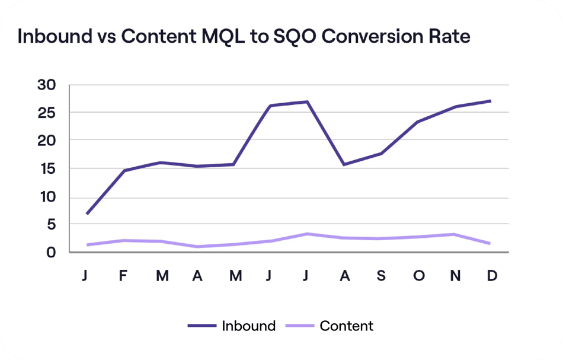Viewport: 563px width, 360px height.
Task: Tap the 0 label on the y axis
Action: pyautogui.click(x=51, y=252)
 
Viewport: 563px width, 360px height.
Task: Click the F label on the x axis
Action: pyautogui.click(x=123, y=276)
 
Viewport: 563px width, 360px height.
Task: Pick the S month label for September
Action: pyautogui.click(x=380, y=276)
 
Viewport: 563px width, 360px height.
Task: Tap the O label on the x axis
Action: pyautogui.click(x=418, y=276)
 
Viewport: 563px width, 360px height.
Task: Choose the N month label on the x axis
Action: pyautogui.click(x=455, y=276)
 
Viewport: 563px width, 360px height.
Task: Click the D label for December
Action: pyautogui.click(x=491, y=276)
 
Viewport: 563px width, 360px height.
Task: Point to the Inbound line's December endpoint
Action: pyautogui.click(x=491, y=101)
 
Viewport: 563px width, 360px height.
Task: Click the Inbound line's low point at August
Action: pyautogui.click(x=344, y=164)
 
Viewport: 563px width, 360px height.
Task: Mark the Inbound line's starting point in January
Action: pyautogui.click(x=87, y=214)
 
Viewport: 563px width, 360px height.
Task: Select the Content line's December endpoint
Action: pyautogui.click(x=491, y=243)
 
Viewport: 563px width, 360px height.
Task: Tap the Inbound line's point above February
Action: pyautogui.click(x=123, y=171)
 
